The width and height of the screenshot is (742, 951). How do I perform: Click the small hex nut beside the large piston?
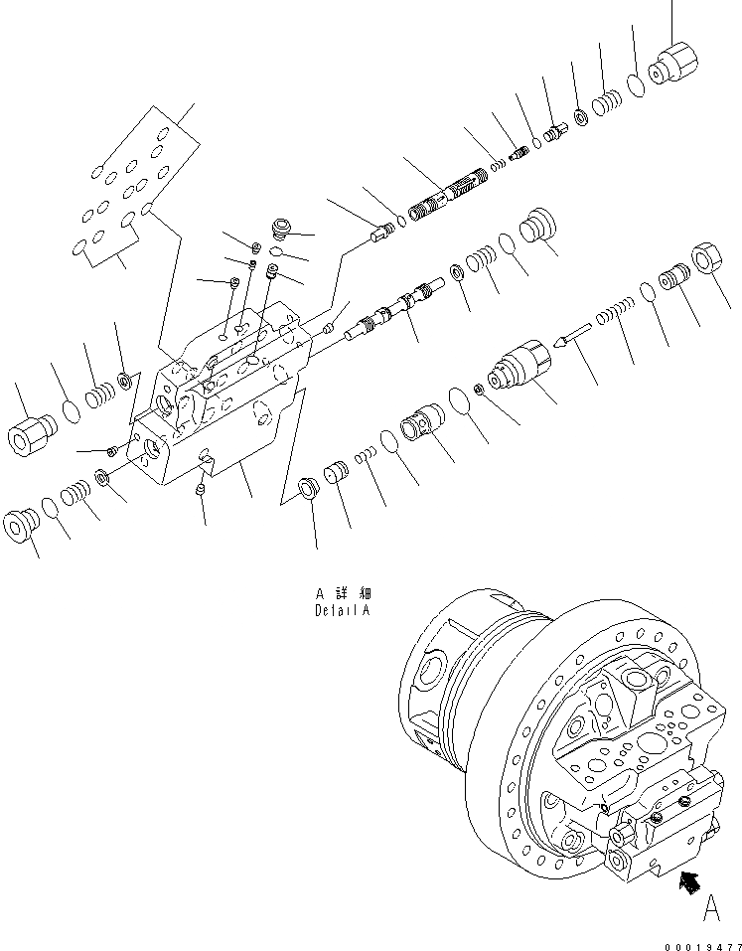pos(481,388)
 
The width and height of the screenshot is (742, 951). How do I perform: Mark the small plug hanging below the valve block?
pos(200,491)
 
